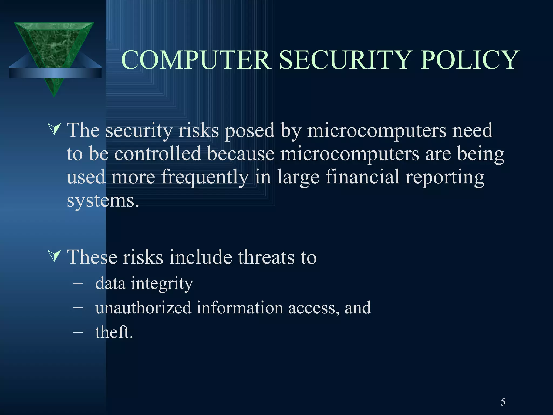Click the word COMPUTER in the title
pos(196,60)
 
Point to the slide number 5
pos(503,402)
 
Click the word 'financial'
pos(362,177)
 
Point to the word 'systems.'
pos(103,201)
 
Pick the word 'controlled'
pos(158,154)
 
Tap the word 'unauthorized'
pos(143,308)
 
